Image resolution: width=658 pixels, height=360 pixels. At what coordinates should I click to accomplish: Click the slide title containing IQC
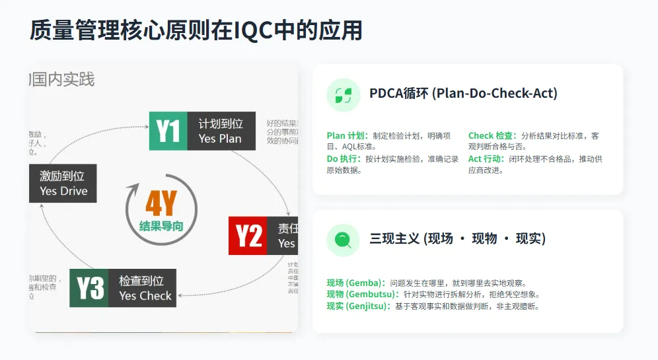pos(196,30)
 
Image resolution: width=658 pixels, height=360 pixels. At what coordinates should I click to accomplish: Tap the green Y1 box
pos(169,131)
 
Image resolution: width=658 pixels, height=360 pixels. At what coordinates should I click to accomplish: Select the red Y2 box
pos(248,235)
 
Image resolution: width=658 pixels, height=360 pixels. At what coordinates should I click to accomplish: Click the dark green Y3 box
pos(90,288)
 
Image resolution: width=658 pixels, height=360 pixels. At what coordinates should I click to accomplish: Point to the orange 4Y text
pos(161,203)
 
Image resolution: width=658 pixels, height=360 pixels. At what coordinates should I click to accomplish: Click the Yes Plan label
pos(220,139)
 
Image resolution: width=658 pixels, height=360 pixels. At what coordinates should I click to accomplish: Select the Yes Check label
pos(145,296)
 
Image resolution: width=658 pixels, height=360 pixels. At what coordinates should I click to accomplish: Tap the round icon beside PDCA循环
pos(344,95)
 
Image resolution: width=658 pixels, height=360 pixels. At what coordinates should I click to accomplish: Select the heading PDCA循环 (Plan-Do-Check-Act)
pos(463,94)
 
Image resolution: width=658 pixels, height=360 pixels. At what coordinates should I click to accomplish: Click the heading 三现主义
pos(457,238)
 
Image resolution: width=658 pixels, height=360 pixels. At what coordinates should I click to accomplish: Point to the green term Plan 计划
pos(347,136)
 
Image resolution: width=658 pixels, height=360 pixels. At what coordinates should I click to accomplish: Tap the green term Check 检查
pos(492,136)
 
